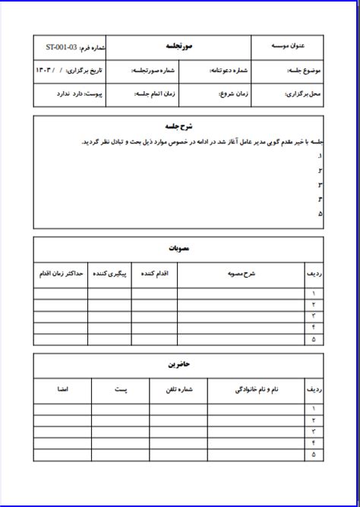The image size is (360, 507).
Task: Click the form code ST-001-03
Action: (61, 47)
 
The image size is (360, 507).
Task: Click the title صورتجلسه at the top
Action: (179, 47)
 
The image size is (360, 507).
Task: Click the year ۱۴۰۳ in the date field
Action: (46, 71)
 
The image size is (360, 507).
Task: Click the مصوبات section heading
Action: (179, 248)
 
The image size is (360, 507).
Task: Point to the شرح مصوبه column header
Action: (241, 272)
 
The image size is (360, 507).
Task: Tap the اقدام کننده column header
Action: (154, 272)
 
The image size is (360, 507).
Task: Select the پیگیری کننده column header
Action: (111, 272)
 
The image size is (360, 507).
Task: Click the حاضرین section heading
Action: (179, 364)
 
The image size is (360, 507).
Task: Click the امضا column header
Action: (62, 389)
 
